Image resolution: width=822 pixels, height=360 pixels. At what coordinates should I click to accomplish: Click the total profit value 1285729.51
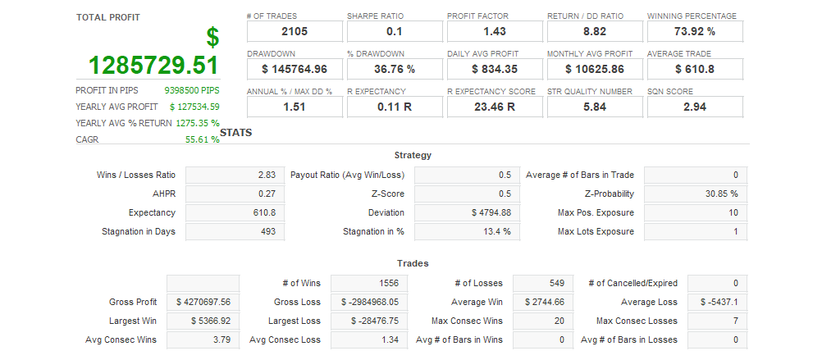pyautogui.click(x=153, y=66)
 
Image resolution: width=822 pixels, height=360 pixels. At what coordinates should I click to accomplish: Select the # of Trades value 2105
pyautogui.click(x=295, y=31)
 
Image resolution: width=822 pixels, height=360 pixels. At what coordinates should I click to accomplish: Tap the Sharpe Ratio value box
pyautogui.click(x=395, y=31)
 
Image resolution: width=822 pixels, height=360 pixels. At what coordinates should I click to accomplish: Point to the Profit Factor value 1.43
pyautogui.click(x=495, y=31)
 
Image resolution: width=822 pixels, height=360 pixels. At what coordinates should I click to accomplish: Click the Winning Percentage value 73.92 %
pyautogui.click(x=695, y=31)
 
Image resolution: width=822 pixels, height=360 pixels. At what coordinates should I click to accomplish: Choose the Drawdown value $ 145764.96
pyautogui.click(x=295, y=69)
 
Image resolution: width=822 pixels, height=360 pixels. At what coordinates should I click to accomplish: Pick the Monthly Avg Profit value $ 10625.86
pyautogui.click(x=595, y=69)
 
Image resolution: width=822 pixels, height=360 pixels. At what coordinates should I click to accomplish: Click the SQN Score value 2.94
pyautogui.click(x=695, y=107)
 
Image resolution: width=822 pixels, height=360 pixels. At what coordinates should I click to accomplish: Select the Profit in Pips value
pyautogui.click(x=192, y=90)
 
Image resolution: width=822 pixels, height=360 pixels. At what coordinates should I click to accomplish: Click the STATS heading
pyautogui.click(x=235, y=132)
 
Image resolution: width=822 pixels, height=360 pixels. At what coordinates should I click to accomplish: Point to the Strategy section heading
pyautogui.click(x=413, y=155)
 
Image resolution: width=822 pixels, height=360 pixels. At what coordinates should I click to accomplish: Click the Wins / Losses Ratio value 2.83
pyautogui.click(x=235, y=175)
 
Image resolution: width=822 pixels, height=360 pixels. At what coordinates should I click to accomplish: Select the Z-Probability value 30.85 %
pyautogui.click(x=696, y=194)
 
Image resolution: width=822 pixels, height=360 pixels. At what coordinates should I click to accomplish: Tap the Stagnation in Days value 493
pyautogui.click(x=235, y=231)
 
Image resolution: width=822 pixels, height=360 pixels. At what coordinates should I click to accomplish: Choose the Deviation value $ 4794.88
pyautogui.click(x=464, y=212)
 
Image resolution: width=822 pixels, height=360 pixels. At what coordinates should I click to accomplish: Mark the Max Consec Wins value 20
pyautogui.click(x=543, y=321)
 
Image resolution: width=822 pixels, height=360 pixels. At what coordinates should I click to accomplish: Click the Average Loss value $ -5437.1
pyautogui.click(x=718, y=302)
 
